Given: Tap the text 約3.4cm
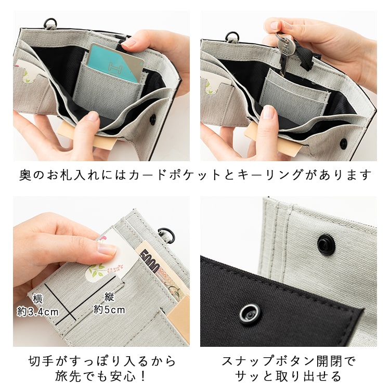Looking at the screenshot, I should pos(37,312).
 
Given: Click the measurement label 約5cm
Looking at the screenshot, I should pos(109,310).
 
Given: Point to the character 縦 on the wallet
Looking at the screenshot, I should pos(109,297).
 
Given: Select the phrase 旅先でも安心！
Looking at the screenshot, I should pos(101,376).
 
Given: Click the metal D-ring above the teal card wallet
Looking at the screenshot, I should pos(50,23).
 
